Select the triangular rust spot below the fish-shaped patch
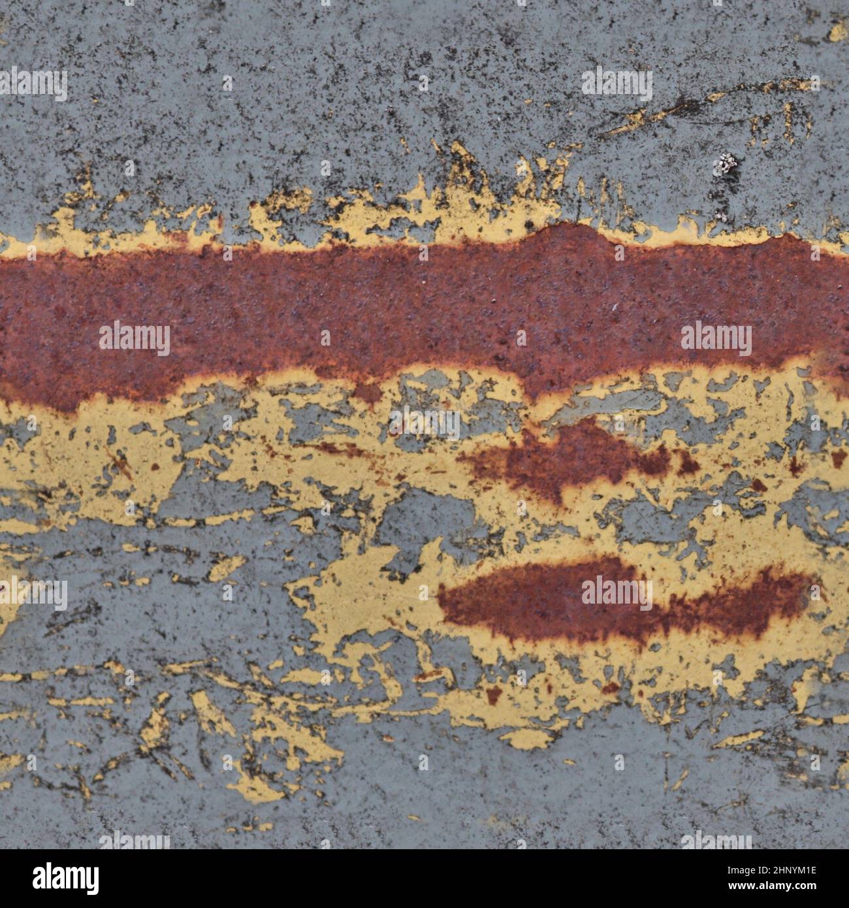pyautogui.click(x=494, y=694)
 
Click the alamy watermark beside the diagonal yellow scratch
pyautogui.click(x=617, y=84)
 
